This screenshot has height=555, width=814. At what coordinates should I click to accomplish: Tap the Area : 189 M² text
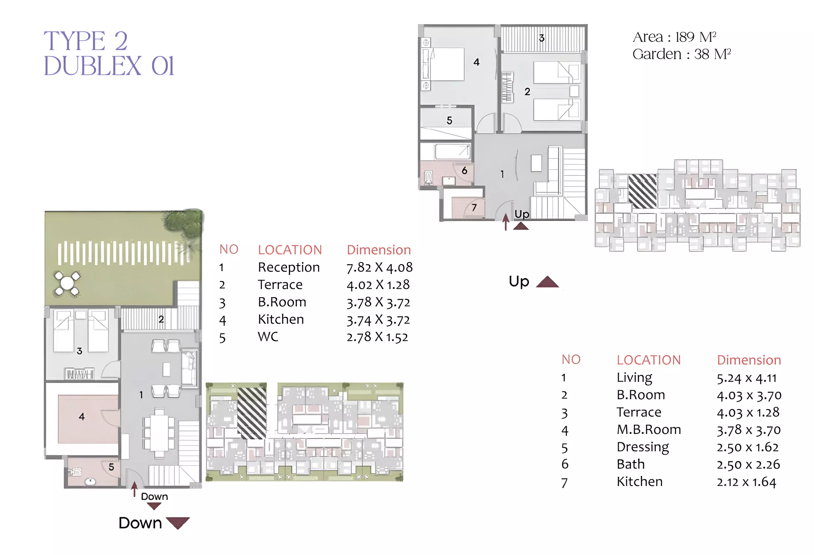click(674, 37)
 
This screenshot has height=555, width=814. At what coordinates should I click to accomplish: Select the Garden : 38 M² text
click(681, 54)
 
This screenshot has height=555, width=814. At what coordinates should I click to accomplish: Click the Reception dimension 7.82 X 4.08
click(379, 268)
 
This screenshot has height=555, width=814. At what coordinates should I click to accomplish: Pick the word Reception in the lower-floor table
click(289, 268)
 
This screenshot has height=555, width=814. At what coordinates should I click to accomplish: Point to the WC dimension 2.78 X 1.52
click(377, 337)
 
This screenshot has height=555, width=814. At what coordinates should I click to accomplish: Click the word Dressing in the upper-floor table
click(643, 447)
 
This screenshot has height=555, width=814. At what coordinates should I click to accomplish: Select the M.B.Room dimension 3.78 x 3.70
click(748, 430)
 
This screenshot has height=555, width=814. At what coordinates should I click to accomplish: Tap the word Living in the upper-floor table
click(634, 378)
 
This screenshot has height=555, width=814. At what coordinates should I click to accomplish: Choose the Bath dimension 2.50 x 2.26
click(748, 465)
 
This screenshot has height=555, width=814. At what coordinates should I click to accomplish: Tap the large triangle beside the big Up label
click(547, 282)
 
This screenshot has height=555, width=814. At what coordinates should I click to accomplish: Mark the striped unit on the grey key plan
click(643, 191)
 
